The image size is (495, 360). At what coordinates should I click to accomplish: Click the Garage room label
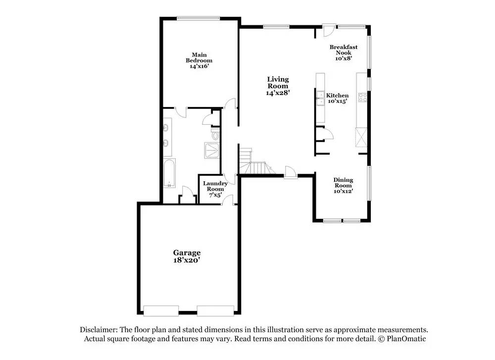click(187, 253)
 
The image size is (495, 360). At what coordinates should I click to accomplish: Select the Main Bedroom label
click(199, 57)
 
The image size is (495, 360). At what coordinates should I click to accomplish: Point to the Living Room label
click(278, 82)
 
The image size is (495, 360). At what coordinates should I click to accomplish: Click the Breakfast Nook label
click(344, 50)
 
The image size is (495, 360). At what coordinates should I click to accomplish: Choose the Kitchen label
click(337, 96)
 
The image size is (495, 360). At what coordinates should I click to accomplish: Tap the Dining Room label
click(343, 183)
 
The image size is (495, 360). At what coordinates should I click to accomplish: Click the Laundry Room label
click(215, 186)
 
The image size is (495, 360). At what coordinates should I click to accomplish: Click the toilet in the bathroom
click(214, 135)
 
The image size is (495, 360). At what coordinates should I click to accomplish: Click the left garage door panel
click(161, 311)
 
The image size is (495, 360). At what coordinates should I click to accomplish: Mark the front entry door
click(291, 173)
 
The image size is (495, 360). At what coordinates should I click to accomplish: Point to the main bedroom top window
click(198, 18)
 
